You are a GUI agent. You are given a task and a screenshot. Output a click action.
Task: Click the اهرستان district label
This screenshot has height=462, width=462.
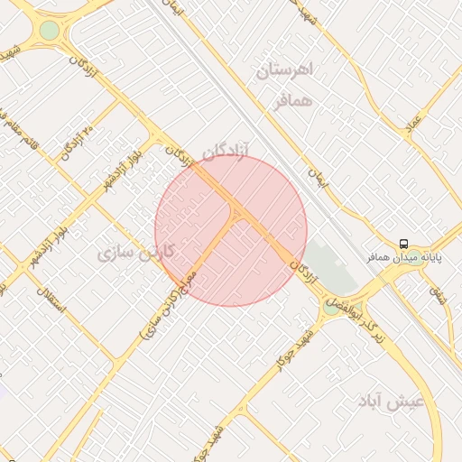pos(283,70)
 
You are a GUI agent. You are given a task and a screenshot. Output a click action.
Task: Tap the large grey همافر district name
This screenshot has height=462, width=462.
pos(295,101)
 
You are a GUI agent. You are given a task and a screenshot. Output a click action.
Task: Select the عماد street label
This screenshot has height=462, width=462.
pos(414,125)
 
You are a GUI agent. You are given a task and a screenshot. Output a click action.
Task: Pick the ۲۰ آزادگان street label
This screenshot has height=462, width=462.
pos(79,143)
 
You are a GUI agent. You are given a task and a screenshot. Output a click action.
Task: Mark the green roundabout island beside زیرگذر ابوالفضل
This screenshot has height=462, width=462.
pos(331,308)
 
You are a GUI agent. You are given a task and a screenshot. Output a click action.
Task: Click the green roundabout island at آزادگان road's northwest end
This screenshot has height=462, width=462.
pos(49,31)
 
